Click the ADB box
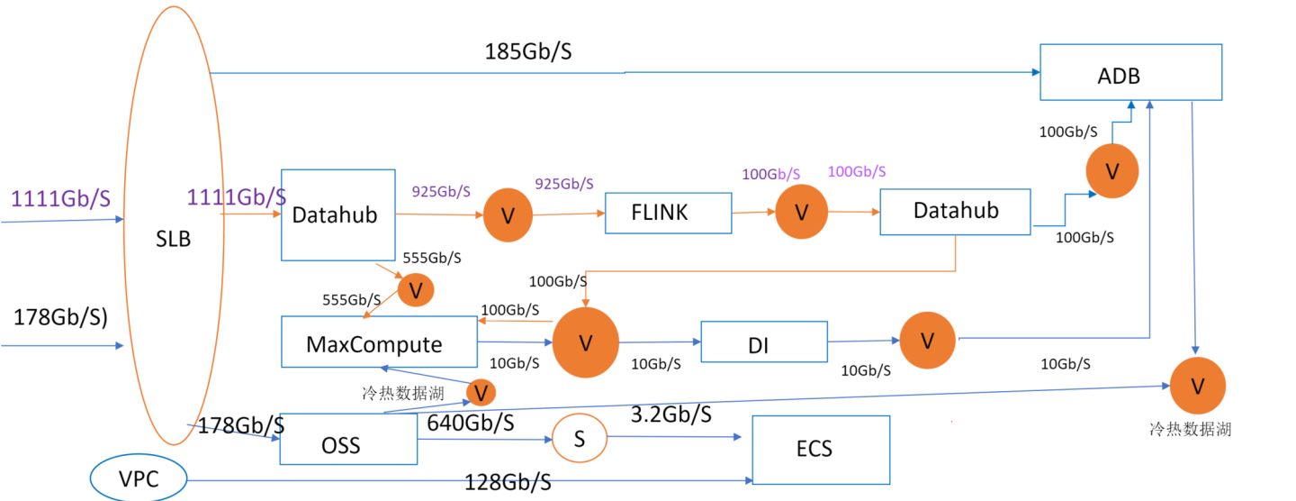[1130, 72]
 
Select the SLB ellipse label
[173, 240]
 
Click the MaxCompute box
[379, 342]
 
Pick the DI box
[763, 343]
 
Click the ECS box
[820, 449]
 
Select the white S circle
[580, 439]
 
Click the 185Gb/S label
[528, 51]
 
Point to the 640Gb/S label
[471, 422]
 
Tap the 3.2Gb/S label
[670, 414]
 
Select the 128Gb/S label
[508, 482]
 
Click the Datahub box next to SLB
[338, 214]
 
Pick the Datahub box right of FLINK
[955, 212]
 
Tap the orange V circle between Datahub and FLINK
[508, 216]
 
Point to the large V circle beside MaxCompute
[585, 342]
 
